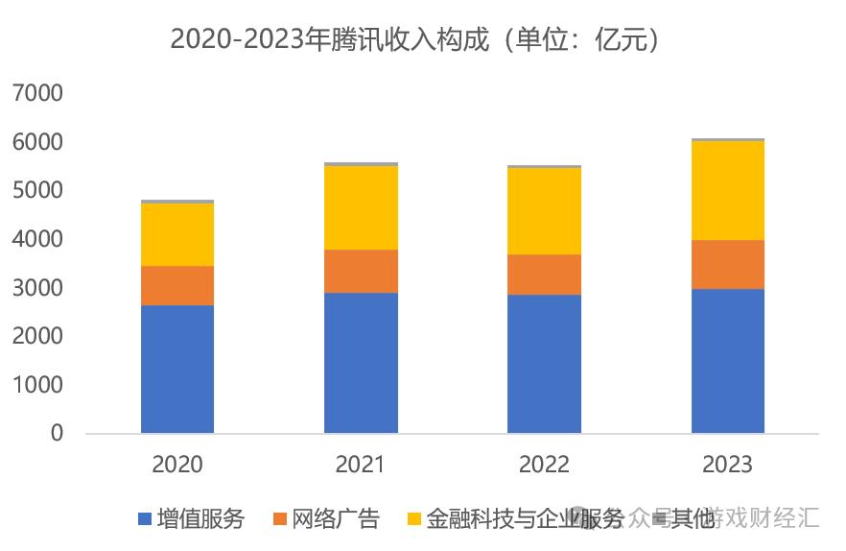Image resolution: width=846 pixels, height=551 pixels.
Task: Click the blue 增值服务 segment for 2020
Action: [x=177, y=369]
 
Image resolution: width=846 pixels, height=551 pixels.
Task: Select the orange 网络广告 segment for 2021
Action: [x=361, y=271]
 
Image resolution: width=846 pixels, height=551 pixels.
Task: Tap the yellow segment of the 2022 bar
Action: [x=544, y=210]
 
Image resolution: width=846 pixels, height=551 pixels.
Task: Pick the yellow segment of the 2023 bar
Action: [x=728, y=190]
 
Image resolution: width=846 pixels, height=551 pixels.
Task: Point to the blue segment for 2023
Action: [x=728, y=360]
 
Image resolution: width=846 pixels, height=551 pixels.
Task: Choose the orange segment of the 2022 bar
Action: [x=544, y=274]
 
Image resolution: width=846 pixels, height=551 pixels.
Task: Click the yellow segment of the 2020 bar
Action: [x=177, y=234]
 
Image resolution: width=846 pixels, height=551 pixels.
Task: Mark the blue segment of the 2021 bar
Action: [x=361, y=362]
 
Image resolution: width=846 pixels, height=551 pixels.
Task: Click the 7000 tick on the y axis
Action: [x=37, y=93]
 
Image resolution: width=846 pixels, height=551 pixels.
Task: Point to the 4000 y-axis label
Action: [x=37, y=239]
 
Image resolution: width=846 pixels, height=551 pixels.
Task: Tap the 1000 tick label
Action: [x=37, y=385]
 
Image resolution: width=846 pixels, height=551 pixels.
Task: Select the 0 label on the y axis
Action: [x=56, y=434]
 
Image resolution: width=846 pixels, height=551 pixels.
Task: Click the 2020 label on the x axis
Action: [x=177, y=465]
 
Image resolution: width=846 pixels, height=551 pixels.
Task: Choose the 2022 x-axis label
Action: [x=544, y=465]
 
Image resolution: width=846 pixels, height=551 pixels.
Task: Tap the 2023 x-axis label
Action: [x=728, y=465]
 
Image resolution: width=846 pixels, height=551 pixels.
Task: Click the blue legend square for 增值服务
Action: [x=145, y=519]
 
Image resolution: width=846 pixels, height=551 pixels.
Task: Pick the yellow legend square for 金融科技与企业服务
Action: [x=413, y=519]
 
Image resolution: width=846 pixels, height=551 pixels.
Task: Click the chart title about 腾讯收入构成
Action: [x=414, y=39]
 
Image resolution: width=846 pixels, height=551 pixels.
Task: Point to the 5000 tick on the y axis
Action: [x=37, y=190]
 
